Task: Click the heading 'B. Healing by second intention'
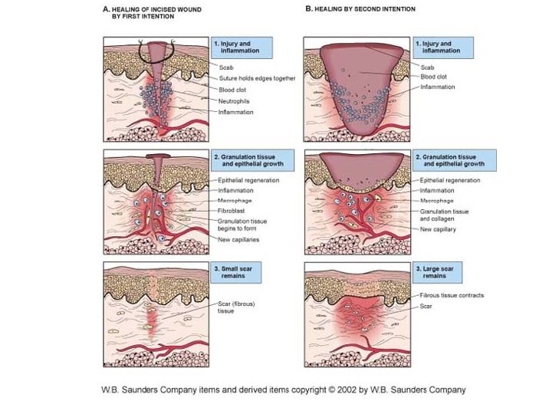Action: pos(360,9)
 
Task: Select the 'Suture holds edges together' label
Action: pos(257,78)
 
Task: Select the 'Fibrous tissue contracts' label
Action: pos(452,295)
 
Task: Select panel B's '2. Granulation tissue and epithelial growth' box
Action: pos(453,161)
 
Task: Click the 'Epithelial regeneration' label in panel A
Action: pos(248,180)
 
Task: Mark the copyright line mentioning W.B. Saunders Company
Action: pos(284,389)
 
